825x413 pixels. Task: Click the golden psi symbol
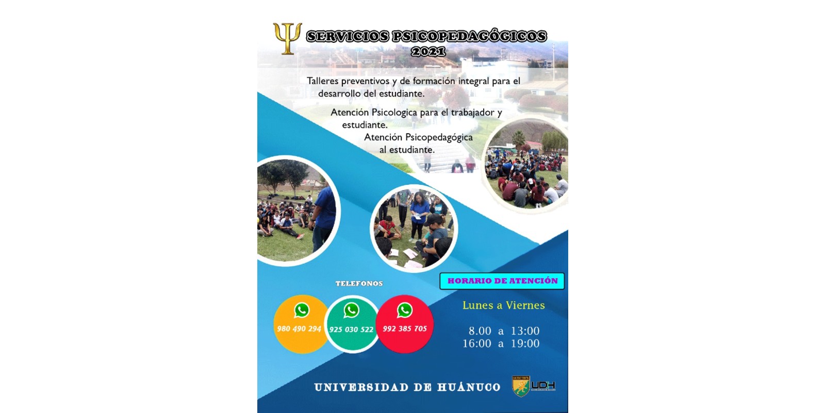pos(287,38)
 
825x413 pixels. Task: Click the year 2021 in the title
pos(428,52)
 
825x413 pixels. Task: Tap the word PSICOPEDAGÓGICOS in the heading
pos(470,36)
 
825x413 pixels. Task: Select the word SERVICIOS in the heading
pos(348,36)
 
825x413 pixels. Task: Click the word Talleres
pos(322,81)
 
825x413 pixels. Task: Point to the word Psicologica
pos(394,112)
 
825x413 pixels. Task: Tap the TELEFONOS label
pos(359,283)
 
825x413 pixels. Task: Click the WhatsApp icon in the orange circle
pos(302,310)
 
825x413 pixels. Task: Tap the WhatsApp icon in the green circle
pos(351,310)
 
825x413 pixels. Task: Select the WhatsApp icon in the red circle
pos(404,310)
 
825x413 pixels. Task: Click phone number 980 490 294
pos(299,328)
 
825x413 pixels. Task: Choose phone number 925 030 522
pos(351,329)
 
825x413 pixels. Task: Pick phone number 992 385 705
pos(405,328)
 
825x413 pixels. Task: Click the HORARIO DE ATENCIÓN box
pos(502,281)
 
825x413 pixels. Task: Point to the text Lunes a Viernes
pos(503,305)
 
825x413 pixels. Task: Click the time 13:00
pos(525,331)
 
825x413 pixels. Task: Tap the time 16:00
pos(477,343)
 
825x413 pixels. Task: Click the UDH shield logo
pos(521,386)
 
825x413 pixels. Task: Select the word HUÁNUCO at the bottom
pos(469,387)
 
